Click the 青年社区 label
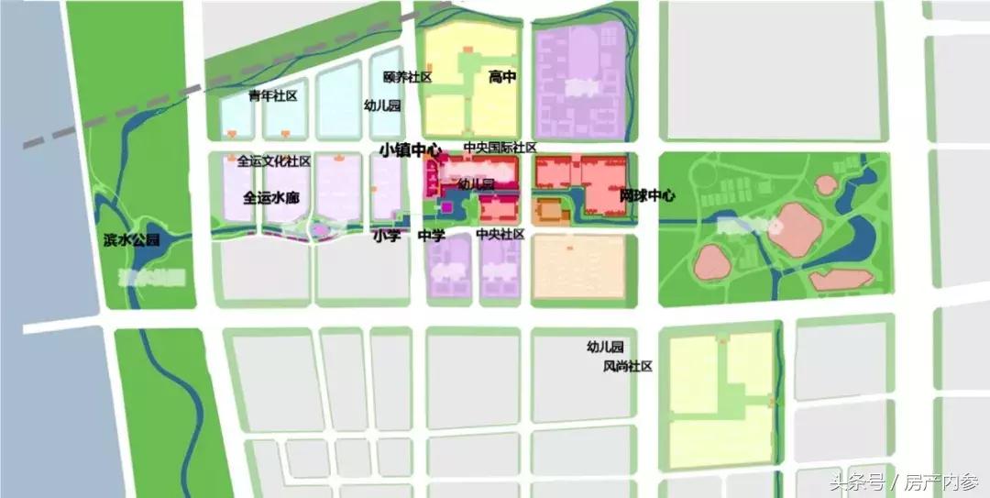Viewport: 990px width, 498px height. (x=273, y=96)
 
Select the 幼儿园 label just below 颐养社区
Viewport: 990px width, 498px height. (x=382, y=105)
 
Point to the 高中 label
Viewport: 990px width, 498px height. (x=502, y=78)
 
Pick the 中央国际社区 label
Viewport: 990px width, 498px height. (x=500, y=148)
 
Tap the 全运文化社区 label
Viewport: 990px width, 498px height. (x=274, y=162)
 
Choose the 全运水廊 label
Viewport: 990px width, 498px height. (x=271, y=197)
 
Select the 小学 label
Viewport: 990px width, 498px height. (x=387, y=236)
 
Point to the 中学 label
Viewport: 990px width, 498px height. (x=431, y=236)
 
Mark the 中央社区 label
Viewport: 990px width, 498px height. (x=500, y=235)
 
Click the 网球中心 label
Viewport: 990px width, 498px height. (x=647, y=195)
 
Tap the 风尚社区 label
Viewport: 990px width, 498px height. (x=627, y=367)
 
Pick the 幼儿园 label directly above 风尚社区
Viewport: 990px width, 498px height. (x=606, y=348)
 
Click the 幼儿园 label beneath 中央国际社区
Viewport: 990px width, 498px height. (x=477, y=184)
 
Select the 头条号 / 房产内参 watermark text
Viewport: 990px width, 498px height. (x=904, y=481)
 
